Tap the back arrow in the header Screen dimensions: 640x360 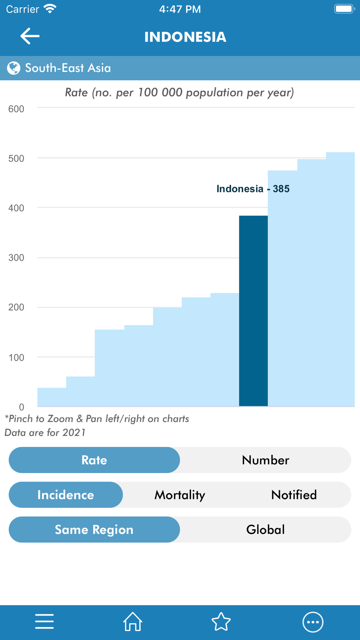[x=30, y=36]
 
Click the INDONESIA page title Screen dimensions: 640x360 [x=185, y=37]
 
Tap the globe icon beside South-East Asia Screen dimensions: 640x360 [x=14, y=68]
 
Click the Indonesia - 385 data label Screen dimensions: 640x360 [x=253, y=189]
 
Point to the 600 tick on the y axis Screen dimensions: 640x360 [x=16, y=109]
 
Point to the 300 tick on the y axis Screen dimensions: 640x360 [x=16, y=258]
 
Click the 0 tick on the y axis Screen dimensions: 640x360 [x=22, y=407]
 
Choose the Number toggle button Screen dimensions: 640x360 [x=265, y=460]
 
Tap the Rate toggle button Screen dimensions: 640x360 [x=94, y=460]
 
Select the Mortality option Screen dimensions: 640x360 [x=180, y=495]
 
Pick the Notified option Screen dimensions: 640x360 [x=294, y=495]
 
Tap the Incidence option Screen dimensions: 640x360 [x=66, y=495]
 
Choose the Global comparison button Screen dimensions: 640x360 [x=265, y=529]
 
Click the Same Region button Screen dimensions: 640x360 [x=94, y=529]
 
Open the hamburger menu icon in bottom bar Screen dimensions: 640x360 [x=44, y=622]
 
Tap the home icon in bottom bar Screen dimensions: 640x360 [x=133, y=622]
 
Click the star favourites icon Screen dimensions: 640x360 [x=221, y=622]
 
